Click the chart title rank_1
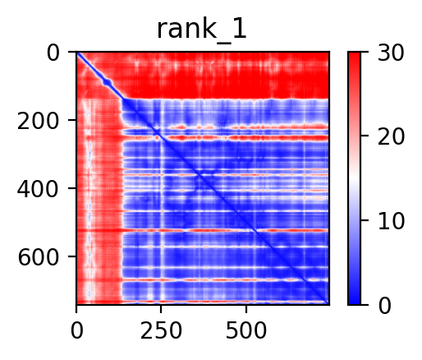[x=202, y=30]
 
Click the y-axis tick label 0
[x=53, y=53]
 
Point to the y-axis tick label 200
[x=38, y=121]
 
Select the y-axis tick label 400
[x=38, y=189]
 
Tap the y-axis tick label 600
[x=38, y=257]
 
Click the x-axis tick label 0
[x=76, y=330]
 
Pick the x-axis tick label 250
[x=161, y=330]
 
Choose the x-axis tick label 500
[x=246, y=330]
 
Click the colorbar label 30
[x=391, y=53]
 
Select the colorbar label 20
[x=391, y=136]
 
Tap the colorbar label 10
[x=391, y=221]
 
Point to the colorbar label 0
[x=384, y=306]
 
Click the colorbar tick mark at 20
[x=365, y=136]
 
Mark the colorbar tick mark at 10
[x=365, y=220]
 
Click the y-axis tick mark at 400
[x=72, y=188]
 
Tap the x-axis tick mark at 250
[x=161, y=309]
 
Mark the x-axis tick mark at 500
[x=246, y=309]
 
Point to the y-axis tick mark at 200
[x=72, y=120]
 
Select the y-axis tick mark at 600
[x=72, y=256]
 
